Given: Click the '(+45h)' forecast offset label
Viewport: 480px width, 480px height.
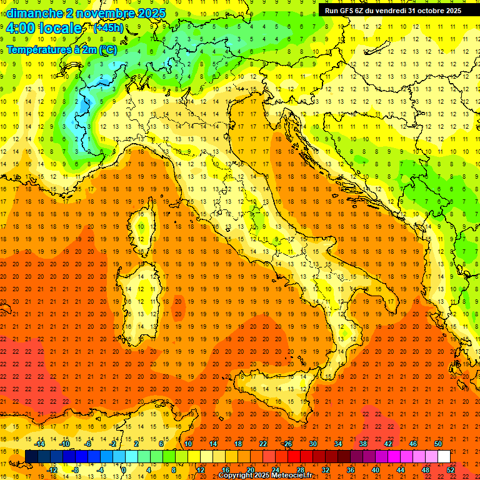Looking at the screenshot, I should click(108, 28).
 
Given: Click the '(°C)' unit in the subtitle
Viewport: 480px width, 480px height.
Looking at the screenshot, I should click(107, 49).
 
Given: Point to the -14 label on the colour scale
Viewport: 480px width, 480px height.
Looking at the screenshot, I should click(39, 444).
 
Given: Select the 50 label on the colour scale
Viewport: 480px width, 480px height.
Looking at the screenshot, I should click(437, 444).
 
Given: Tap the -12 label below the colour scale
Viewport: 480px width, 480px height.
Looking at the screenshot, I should click(52, 470).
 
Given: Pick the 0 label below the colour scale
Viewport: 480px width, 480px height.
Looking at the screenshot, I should click(124, 470).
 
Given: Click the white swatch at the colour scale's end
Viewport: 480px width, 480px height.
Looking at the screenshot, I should click(444, 456).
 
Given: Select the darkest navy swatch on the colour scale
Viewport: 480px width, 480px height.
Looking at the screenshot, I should click(31, 456).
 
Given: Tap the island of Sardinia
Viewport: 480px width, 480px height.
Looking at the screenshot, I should click(144, 287).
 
